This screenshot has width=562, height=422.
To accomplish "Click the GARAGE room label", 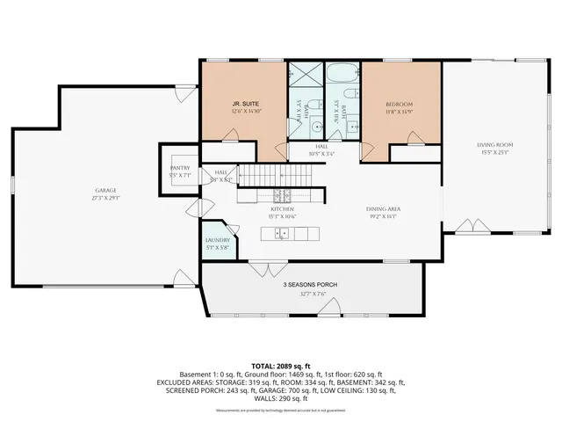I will [105, 191].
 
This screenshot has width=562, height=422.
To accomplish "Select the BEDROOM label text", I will [398, 104].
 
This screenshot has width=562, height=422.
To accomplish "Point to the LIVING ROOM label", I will [494, 145].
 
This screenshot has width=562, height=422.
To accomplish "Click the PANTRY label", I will [179, 167].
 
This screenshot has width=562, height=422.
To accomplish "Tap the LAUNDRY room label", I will [217, 239].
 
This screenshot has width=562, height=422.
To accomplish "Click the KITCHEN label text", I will [281, 209].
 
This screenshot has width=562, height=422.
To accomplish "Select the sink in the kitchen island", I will [281, 232].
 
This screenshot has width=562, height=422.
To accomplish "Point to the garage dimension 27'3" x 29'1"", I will [105, 199].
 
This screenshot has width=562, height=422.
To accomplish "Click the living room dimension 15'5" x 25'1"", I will [494, 153].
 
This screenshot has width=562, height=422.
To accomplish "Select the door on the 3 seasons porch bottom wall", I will [330, 308].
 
